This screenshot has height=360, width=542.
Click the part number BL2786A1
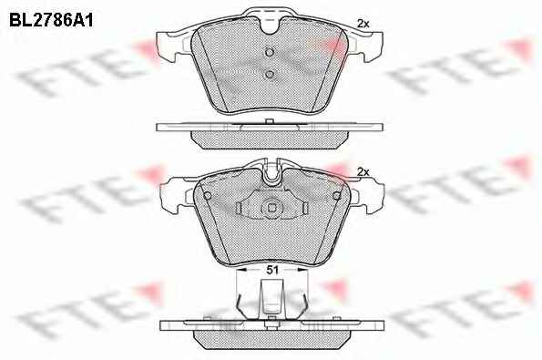51,20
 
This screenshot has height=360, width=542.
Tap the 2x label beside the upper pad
363,24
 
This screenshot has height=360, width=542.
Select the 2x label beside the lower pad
363,172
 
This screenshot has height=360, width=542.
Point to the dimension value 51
272,270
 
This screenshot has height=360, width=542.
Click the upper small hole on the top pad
270,52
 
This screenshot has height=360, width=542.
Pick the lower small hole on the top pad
270,74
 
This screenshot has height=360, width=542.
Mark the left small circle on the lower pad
208,196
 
